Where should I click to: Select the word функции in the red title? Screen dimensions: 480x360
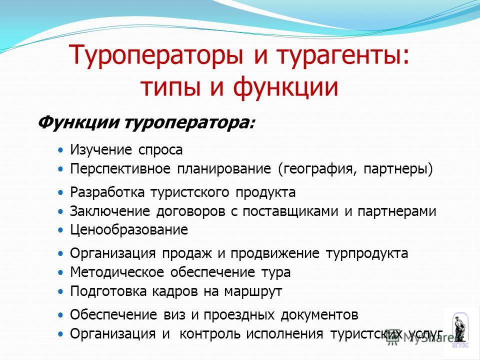click(x=285, y=87)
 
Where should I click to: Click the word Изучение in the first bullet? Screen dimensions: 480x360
click(x=101, y=149)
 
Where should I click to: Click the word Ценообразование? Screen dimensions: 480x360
click(x=129, y=230)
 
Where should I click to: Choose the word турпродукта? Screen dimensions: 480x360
click(x=366, y=254)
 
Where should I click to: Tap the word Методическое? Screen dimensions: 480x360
click(x=117, y=272)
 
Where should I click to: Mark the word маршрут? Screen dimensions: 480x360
click(x=253, y=291)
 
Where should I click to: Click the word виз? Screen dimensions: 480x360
click(x=174, y=314)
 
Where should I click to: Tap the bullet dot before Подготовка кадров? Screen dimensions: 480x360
click(x=61, y=291)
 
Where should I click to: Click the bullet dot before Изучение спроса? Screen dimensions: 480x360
click(x=61, y=150)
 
